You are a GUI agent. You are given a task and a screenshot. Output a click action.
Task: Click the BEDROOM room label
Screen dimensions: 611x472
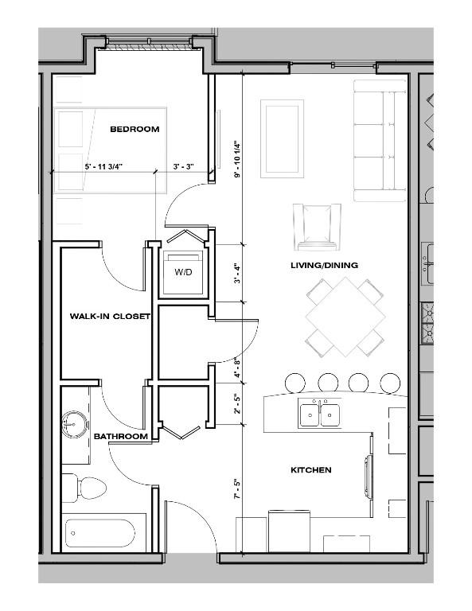click(x=135, y=129)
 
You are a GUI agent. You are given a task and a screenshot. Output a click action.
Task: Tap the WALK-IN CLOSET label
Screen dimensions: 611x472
click(x=110, y=316)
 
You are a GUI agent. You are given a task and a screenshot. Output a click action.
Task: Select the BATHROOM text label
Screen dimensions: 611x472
click(x=120, y=437)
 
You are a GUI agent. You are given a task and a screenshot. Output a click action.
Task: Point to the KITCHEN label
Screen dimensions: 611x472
click(x=310, y=470)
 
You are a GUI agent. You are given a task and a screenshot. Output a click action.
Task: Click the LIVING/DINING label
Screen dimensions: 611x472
click(x=323, y=265)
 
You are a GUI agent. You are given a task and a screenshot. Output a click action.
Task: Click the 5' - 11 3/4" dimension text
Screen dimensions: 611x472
click(x=108, y=168)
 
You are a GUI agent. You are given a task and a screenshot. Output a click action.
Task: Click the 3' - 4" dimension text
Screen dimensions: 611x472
click(x=236, y=273)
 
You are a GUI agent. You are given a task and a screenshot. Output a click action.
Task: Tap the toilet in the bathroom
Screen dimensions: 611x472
click(x=84, y=486)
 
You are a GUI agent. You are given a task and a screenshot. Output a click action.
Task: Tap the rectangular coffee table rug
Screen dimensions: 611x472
click(x=282, y=138)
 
